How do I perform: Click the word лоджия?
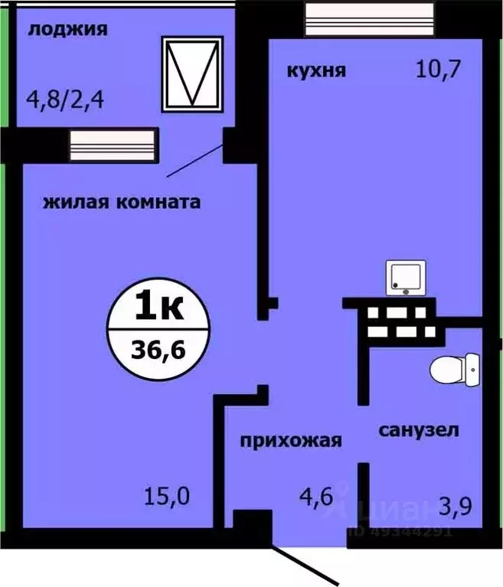pos(67,31)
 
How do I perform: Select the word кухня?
pos(316,71)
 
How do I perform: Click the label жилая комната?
pos(122,203)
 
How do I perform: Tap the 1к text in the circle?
pos(158,308)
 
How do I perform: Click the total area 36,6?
pos(158,352)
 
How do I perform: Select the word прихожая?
pos(290,441)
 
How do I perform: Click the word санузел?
pos(419,430)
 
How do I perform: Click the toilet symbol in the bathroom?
pos(455,373)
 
